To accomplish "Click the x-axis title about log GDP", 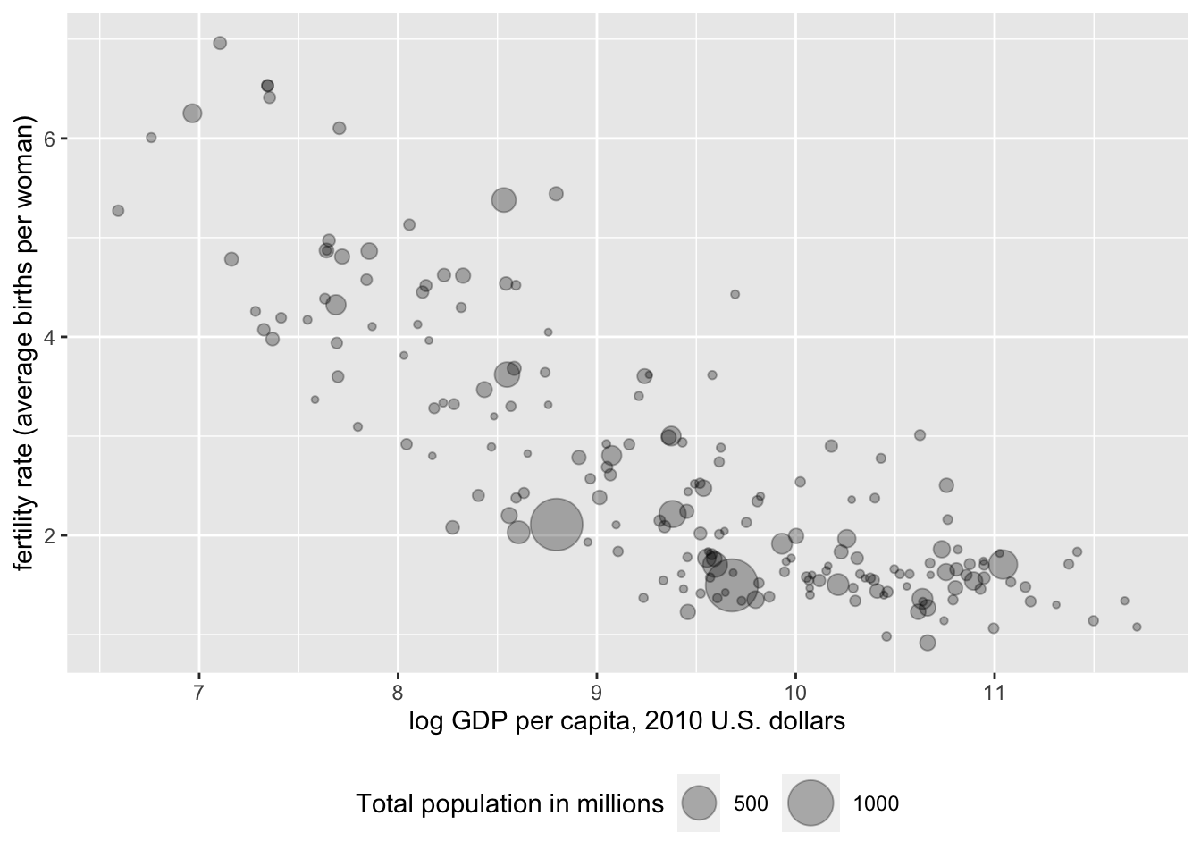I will [x=626, y=721].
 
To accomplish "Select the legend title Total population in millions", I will [x=509, y=803].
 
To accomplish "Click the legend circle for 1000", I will [x=810, y=803].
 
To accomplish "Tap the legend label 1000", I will [x=876, y=803].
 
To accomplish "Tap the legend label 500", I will [x=751, y=803].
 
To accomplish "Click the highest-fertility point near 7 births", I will [x=220, y=43].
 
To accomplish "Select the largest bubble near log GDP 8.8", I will [x=557, y=526].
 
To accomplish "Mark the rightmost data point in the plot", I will [x=1137, y=627].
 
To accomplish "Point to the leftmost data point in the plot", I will [x=118, y=211].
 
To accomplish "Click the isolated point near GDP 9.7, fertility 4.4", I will [x=735, y=294].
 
